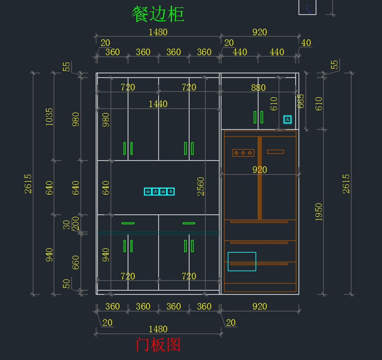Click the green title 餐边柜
point(158,14)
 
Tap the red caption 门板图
point(158,345)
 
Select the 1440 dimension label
point(158,104)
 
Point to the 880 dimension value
point(258,88)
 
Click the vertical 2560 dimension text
point(201,187)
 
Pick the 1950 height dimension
point(319,212)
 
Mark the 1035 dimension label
point(49,117)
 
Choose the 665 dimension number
point(301,101)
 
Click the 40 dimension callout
point(306,43)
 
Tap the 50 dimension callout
point(66,284)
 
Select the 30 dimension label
point(66,225)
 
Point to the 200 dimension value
point(75,224)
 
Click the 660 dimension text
point(75,263)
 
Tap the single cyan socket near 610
point(287,119)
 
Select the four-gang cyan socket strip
point(159,191)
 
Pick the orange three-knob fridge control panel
point(243,153)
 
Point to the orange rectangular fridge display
point(275,152)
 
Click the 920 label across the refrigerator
point(260,170)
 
